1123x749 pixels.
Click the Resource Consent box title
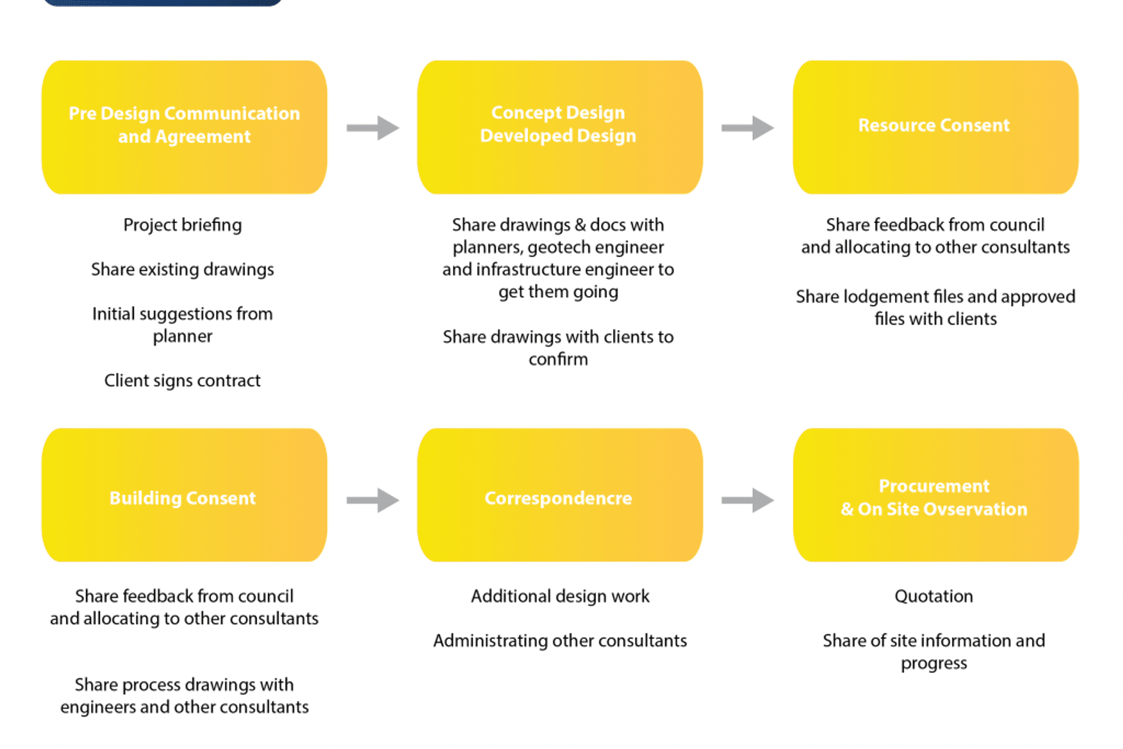click(x=933, y=125)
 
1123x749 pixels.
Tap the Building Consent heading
click(x=182, y=498)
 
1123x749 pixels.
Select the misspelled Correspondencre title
click(x=558, y=498)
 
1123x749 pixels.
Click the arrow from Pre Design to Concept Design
click(x=373, y=128)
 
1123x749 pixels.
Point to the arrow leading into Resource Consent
click(x=747, y=128)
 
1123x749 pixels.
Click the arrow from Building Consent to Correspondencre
click(x=373, y=500)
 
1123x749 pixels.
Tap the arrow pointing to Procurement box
click(x=747, y=500)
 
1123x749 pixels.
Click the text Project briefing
click(x=182, y=225)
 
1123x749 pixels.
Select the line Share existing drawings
click(x=182, y=269)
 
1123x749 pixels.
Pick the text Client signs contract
click(x=182, y=380)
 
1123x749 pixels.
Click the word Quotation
click(x=933, y=596)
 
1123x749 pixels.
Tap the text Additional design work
click(x=560, y=596)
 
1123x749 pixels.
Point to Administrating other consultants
click(x=560, y=641)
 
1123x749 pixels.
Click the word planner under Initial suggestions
click(x=182, y=336)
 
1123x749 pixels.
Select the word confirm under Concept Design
click(x=558, y=359)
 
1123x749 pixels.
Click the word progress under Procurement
click(x=933, y=663)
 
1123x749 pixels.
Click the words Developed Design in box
click(x=558, y=136)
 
